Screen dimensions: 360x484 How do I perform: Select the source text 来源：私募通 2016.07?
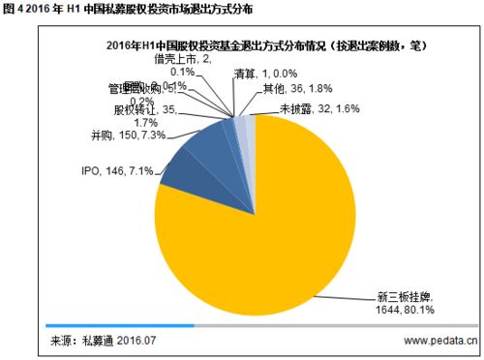point(104,341)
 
